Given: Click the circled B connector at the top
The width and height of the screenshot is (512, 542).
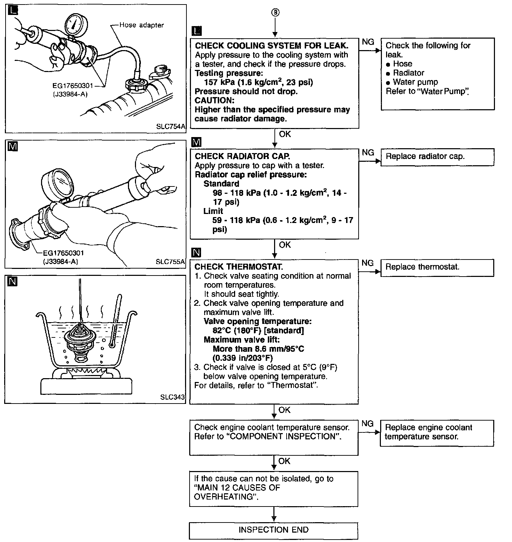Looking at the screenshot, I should click(275, 13).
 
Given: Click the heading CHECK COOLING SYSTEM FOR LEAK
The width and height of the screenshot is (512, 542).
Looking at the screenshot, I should click(271, 46).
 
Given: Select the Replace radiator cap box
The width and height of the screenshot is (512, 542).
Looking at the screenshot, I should click(437, 157).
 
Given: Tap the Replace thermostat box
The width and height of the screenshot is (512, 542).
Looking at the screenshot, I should click(437, 267).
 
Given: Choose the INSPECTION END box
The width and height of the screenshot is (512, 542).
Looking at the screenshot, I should click(273, 530).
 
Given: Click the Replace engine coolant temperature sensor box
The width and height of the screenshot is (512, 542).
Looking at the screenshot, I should click(437, 432).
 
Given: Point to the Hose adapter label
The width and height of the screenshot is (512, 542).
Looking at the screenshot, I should click(141, 25).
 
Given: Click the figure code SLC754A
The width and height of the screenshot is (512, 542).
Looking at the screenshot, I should click(170, 127).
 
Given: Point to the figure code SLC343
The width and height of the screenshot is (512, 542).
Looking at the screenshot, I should click(173, 397).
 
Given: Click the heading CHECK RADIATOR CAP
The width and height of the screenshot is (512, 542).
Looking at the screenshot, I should click(242, 157).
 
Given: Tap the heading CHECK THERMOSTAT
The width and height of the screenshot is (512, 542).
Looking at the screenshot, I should click(239, 267).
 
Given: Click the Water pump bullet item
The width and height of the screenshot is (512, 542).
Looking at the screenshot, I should click(415, 82).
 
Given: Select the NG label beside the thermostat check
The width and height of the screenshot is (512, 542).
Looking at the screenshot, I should click(368, 263).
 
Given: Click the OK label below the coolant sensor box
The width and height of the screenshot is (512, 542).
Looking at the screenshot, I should click(284, 461).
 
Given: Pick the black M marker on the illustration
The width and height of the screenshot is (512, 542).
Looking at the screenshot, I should click(12, 147).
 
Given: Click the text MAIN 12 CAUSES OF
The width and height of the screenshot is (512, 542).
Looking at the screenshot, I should click(237, 488).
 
